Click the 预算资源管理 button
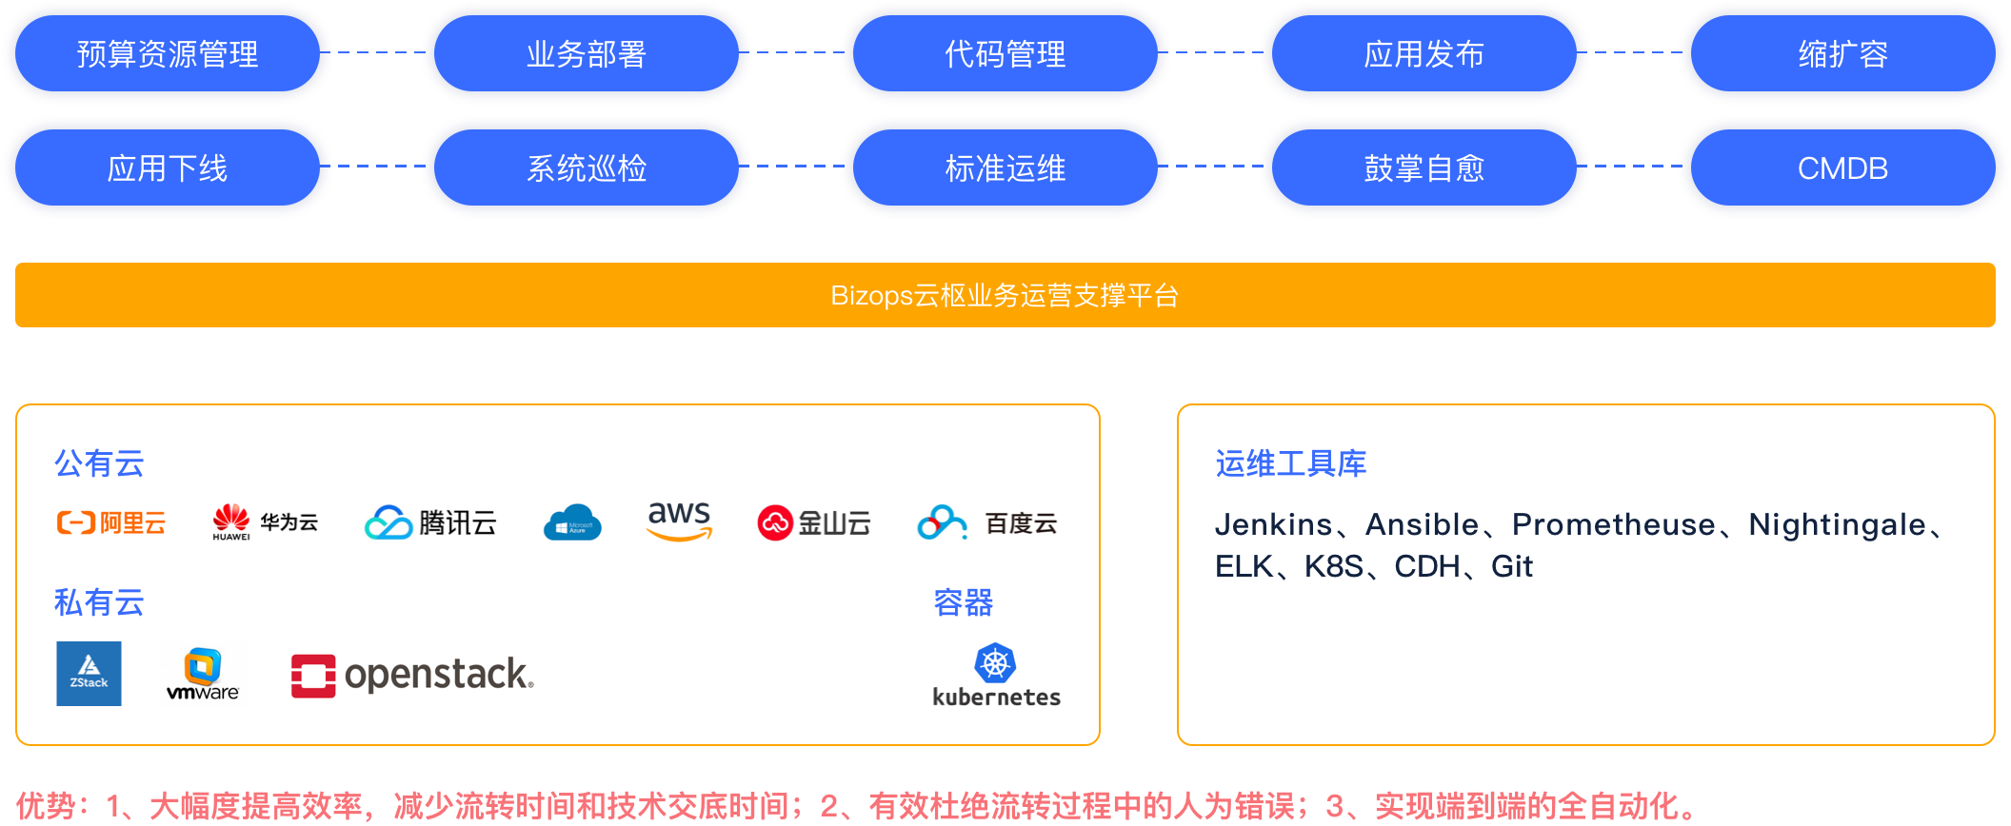pos(168,54)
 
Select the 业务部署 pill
pos(587,54)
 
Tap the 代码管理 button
pos(1005,54)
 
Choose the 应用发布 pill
pos(1424,54)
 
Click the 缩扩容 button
pos(1843,54)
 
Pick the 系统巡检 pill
pos(587,168)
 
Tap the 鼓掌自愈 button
pos(1424,168)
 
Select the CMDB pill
pos(1843,168)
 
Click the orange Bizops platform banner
pos(1005,295)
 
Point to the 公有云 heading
pos(99,463)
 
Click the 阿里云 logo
pos(111,522)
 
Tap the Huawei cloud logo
pos(266,522)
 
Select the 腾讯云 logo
pos(430,522)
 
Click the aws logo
pos(680,521)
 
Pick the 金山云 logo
pos(814,522)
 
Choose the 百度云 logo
pos(987,522)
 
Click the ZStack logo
pos(89,674)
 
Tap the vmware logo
pos(204,674)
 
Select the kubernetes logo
pos(996,674)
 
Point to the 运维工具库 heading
pos(1291,463)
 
